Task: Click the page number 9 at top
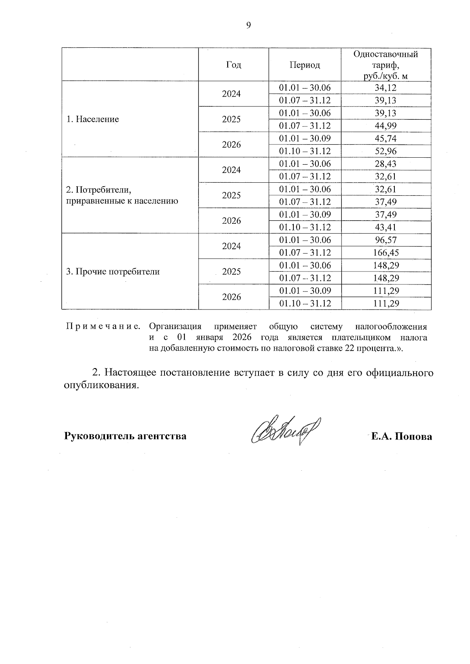tap(248, 25)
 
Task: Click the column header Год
tap(233, 65)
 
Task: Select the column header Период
tap(305, 65)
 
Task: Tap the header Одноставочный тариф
tap(386, 65)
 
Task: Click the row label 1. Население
tap(92, 119)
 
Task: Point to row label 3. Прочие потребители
tap(113, 272)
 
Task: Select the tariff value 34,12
tap(386, 88)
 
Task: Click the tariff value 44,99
tap(386, 126)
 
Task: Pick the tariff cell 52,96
tap(386, 151)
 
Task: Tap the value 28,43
tap(386, 164)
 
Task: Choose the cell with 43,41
tap(386, 227)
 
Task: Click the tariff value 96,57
tap(386, 240)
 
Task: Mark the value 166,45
tap(386, 253)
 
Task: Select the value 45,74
tap(386, 139)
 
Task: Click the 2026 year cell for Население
tap(231, 145)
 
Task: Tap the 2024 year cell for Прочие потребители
tap(231, 246)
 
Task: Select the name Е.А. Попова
tap(402, 436)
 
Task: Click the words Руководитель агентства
tap(125, 436)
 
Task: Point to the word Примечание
tap(103, 326)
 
